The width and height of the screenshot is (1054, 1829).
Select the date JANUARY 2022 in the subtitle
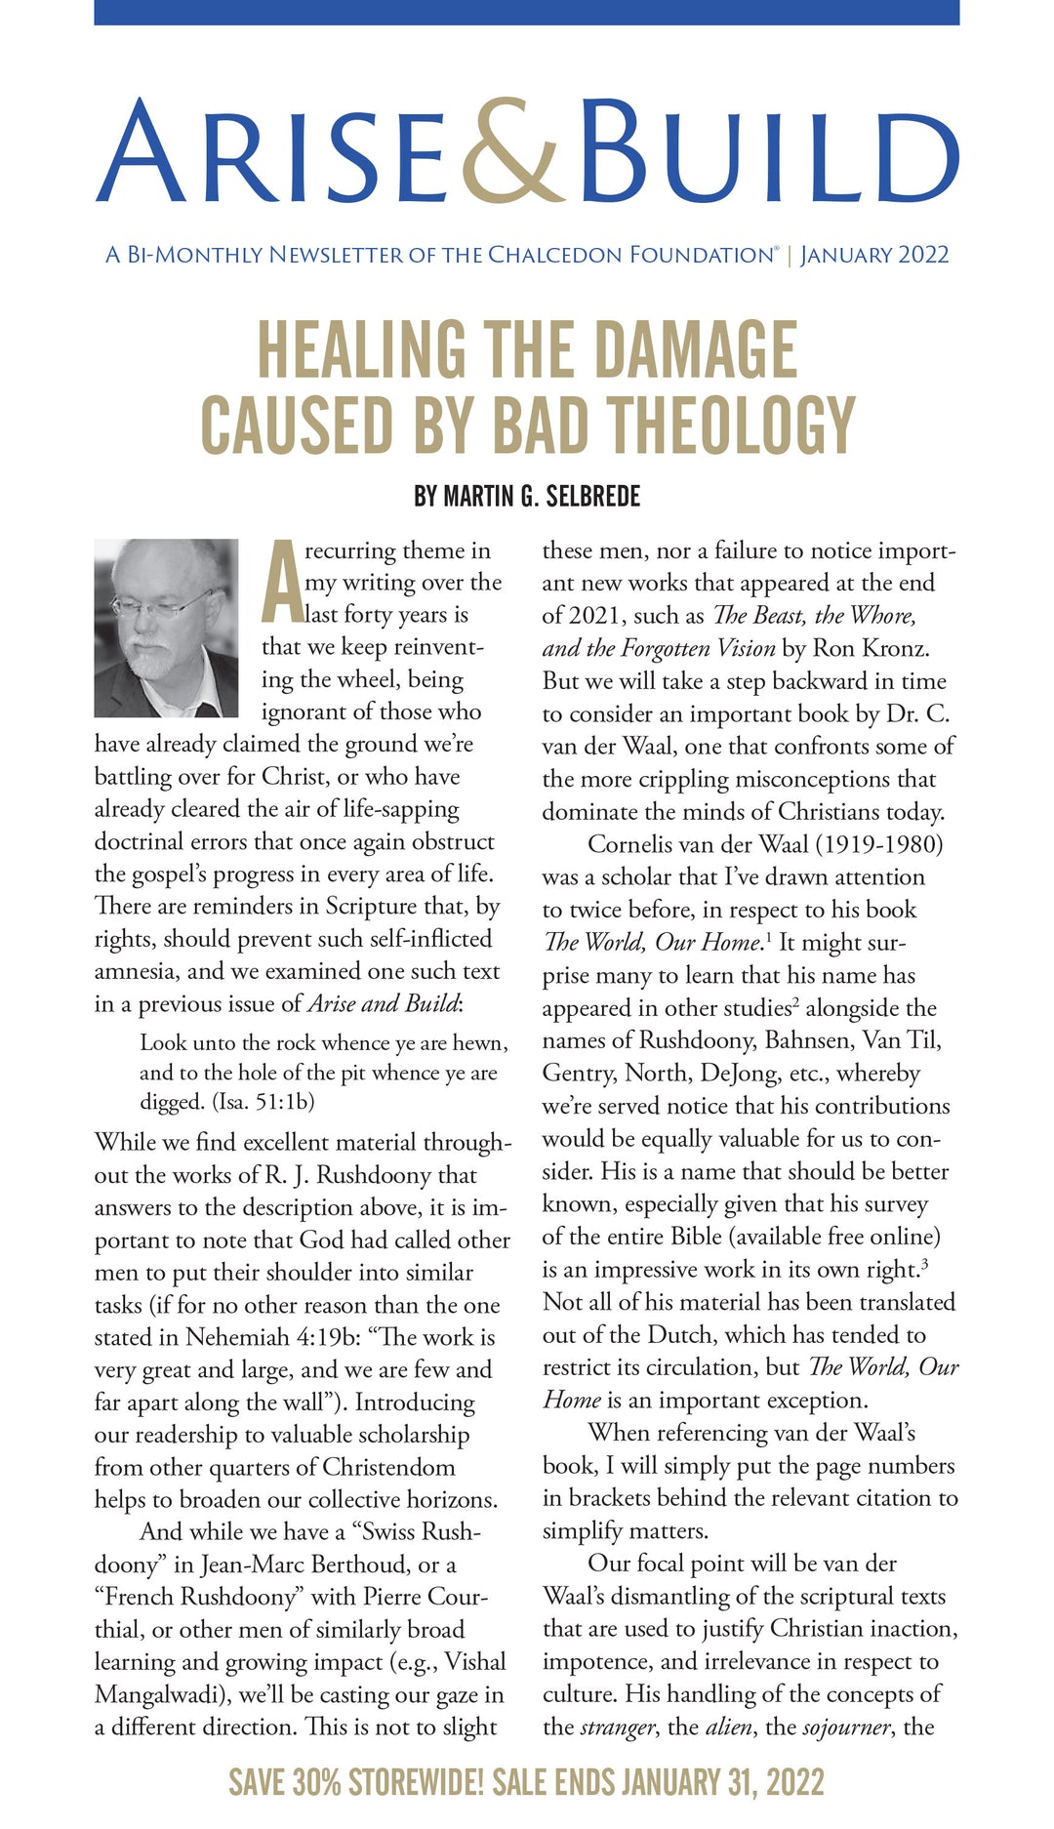tap(874, 256)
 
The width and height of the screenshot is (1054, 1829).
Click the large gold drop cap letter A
tap(281, 582)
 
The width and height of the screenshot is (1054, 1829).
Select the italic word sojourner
tap(845, 1727)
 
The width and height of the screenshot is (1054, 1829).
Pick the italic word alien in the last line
tap(728, 1727)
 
